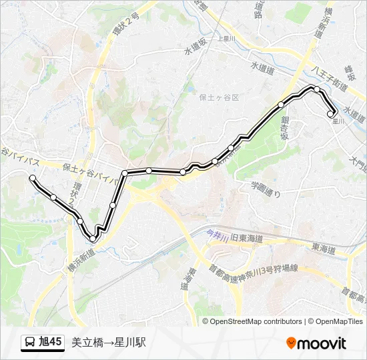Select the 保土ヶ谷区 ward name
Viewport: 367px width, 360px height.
[218, 97]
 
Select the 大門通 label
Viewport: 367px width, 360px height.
[358, 162]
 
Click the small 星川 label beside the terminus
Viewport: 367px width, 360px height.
[338, 121]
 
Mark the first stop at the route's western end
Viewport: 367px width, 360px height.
[32, 177]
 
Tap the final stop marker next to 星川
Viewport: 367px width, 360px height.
[330, 114]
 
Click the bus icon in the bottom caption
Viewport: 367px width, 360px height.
[30, 343]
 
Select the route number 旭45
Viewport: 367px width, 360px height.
[51, 343]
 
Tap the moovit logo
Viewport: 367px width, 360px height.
[316, 343]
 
